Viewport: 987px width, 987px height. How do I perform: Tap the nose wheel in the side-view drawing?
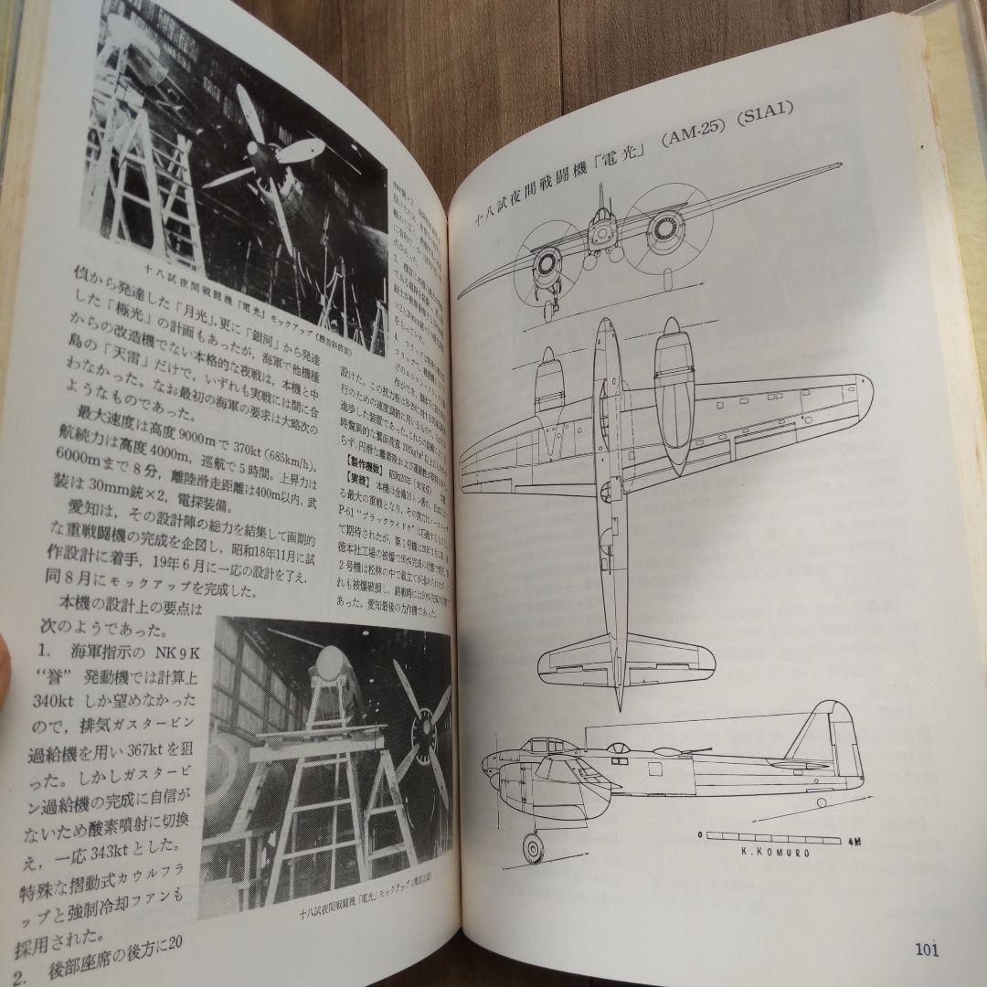click(x=531, y=847)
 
